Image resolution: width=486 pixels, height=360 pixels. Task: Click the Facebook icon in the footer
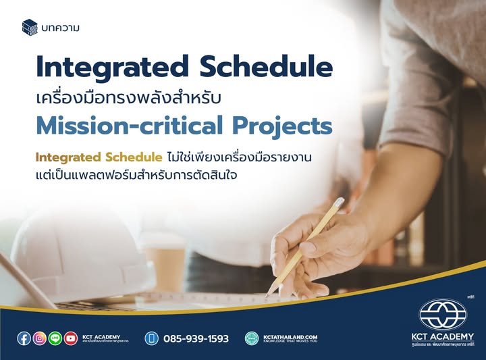click(24, 338)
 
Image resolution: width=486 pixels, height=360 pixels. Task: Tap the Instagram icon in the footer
click(40, 338)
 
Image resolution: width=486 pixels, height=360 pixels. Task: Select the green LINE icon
click(55, 338)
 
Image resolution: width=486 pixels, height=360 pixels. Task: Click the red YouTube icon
click(71, 338)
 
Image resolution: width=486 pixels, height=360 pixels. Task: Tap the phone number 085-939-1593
click(196, 338)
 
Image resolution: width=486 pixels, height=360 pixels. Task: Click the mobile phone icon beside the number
click(152, 338)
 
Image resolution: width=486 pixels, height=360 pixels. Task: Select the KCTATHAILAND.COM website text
click(291, 336)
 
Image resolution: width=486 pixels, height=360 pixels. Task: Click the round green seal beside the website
click(252, 338)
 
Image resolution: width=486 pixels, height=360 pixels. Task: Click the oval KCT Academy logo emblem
click(443, 315)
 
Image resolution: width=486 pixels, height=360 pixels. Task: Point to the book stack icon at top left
click(30, 27)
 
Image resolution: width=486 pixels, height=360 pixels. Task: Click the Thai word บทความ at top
click(60, 28)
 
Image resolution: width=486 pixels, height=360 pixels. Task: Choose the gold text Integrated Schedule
click(99, 157)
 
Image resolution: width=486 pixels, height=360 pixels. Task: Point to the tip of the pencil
click(268, 295)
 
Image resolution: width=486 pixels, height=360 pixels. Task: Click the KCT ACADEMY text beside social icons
click(101, 336)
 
